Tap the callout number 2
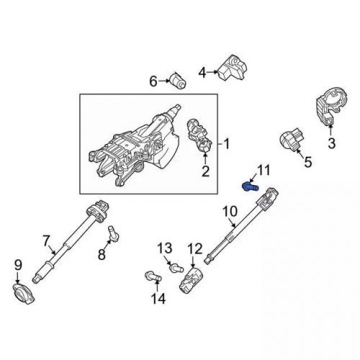click(x=205, y=171)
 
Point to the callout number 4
click(x=202, y=71)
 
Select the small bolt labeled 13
click(x=174, y=269)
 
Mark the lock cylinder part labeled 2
click(x=199, y=134)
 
